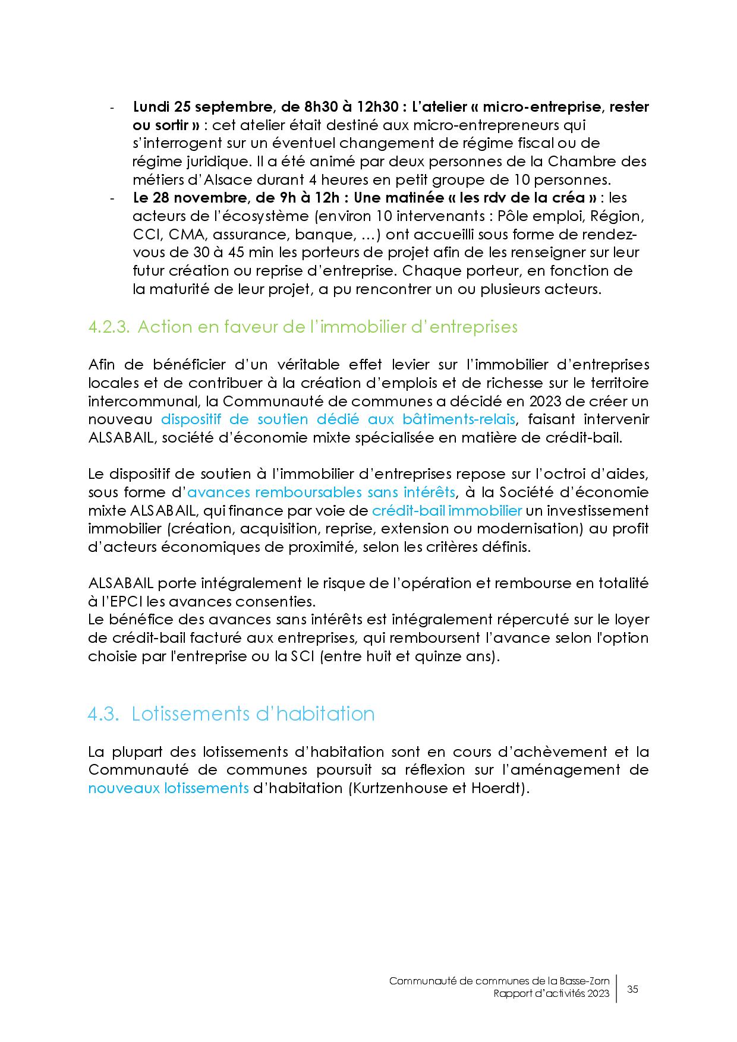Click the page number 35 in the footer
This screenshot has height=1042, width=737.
632,989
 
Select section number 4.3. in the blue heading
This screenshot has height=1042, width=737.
104,713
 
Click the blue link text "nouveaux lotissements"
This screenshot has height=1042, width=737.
168,788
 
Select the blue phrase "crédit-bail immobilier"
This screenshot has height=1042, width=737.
447,510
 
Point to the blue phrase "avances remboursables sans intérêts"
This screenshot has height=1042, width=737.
322,492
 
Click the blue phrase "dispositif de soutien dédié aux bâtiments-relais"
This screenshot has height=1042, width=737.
338,419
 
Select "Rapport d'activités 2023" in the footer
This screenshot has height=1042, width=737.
551,994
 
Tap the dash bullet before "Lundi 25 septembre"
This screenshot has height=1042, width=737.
112,108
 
